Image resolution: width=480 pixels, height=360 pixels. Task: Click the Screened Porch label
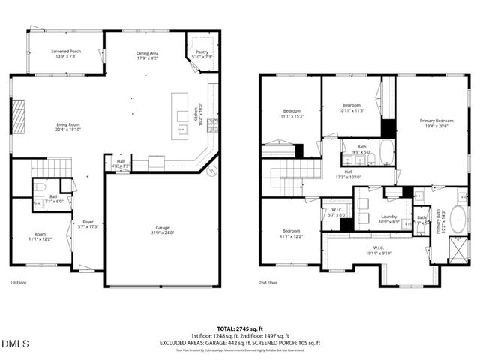click(x=66, y=52)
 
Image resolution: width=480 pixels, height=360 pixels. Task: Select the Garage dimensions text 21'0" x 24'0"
click(x=162, y=232)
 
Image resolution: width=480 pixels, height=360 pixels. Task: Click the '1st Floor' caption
click(x=19, y=283)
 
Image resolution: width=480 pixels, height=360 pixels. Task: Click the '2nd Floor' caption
click(x=268, y=283)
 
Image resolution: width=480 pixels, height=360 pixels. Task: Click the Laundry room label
click(x=367, y=217)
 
